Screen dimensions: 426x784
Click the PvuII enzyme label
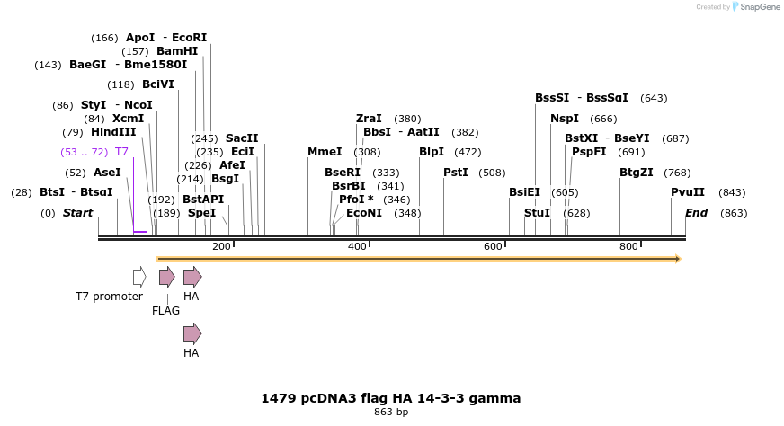[688, 192]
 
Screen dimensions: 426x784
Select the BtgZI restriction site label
[637, 172]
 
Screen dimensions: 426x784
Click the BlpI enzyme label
[432, 152]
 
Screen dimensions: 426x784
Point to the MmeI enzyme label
[325, 152]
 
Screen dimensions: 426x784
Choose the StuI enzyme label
[537, 213]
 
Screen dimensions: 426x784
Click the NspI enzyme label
[565, 118]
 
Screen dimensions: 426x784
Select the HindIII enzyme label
[113, 132]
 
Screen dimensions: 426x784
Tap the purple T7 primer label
[121, 152]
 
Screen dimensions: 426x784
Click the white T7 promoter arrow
[138, 277]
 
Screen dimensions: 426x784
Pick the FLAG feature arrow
[166, 277]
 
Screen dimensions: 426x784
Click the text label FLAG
[166, 311]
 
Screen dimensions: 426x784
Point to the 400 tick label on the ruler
[357, 247]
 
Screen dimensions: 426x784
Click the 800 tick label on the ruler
[628, 247]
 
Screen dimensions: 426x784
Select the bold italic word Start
[77, 213]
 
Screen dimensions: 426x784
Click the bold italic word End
[697, 213]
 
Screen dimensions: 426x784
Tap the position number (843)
[733, 192]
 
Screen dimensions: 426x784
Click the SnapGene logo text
[758, 7]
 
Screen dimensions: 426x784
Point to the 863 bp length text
[391, 413]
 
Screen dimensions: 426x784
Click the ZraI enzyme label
[369, 118]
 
